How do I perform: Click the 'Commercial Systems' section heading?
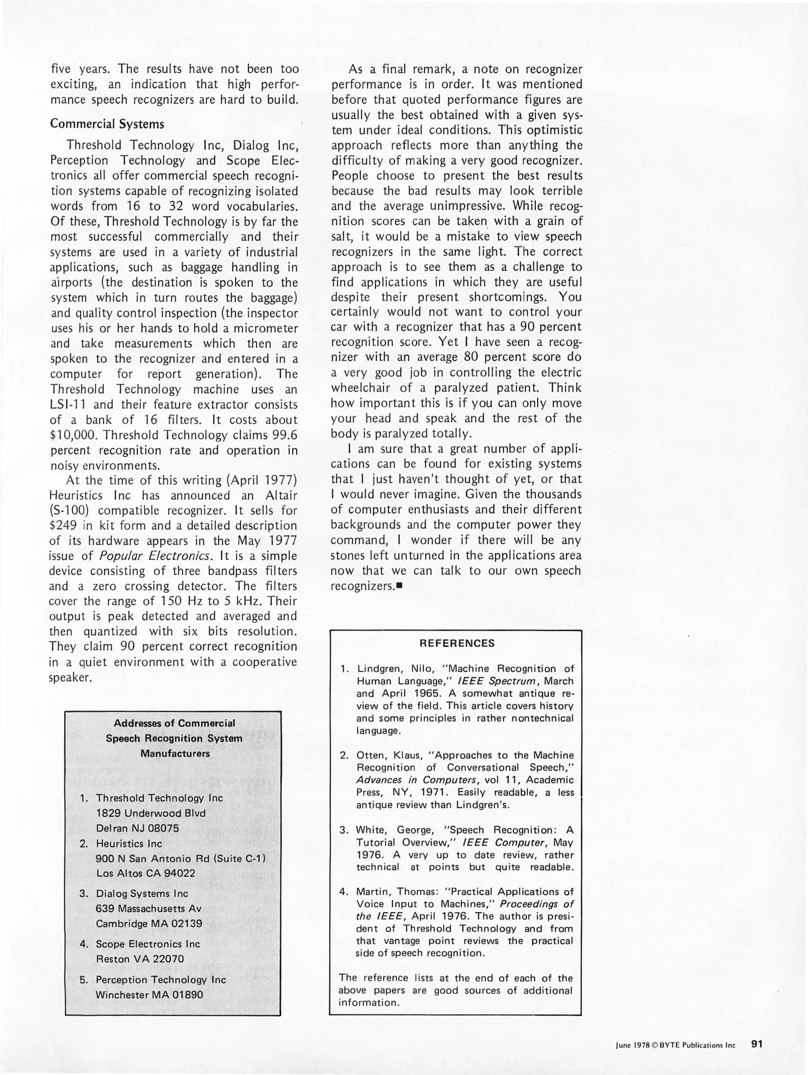(x=107, y=124)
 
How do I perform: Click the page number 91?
(x=757, y=1044)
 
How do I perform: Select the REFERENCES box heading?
(x=457, y=643)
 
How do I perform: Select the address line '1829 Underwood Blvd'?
(x=150, y=813)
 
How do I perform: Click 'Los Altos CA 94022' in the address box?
(x=145, y=873)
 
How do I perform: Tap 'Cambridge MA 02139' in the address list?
(x=149, y=923)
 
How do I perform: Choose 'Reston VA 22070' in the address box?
(x=139, y=959)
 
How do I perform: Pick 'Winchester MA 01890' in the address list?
(x=149, y=995)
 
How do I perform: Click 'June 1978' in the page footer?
(x=633, y=1045)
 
